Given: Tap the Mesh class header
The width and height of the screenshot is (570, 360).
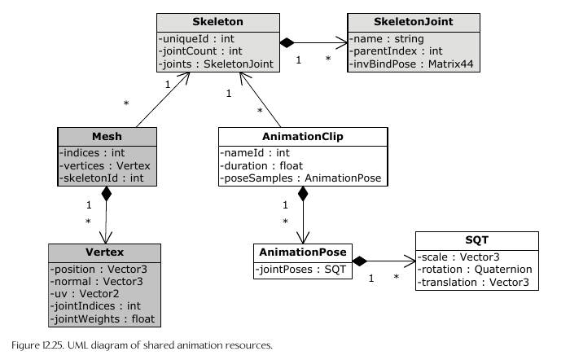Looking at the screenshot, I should coord(106,138).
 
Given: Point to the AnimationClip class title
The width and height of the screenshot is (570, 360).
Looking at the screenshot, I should coord(302,138).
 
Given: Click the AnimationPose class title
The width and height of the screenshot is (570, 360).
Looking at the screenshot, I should coord(302,252).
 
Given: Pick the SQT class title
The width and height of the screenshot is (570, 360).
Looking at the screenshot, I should coord(476,241).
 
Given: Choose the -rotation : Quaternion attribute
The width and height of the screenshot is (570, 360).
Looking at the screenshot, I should coord(475,269).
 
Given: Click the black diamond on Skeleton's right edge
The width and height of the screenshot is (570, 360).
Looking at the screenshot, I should coord(286,42).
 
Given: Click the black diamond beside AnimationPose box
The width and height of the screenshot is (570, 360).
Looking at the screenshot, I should coord(360,261).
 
